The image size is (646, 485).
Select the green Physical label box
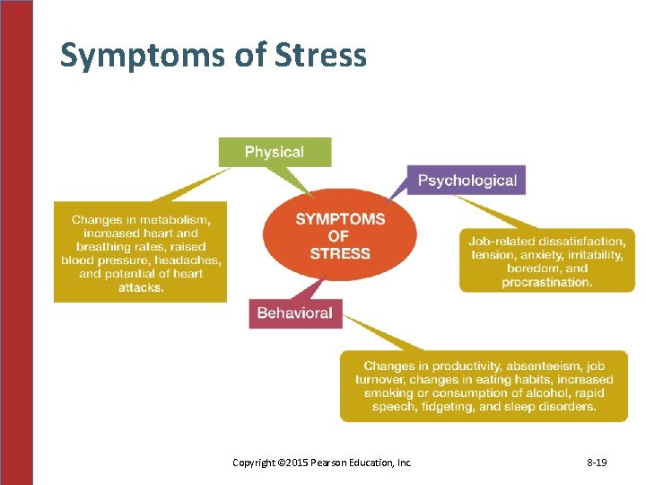[275, 152]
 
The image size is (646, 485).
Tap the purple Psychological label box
[467, 181]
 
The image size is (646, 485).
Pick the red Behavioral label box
[294, 313]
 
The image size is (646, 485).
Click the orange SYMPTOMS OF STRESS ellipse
[340, 235]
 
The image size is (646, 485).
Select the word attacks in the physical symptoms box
[141, 287]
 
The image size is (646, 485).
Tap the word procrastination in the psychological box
[547, 281]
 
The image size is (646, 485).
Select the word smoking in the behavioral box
[381, 393]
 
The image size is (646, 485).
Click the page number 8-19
[597, 463]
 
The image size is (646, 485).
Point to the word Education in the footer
[375, 463]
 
